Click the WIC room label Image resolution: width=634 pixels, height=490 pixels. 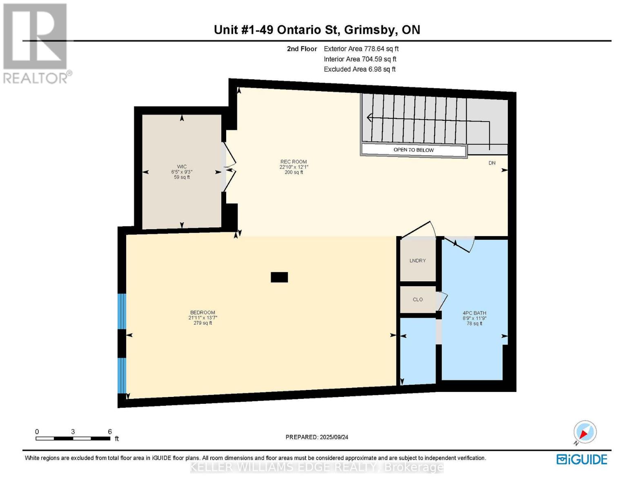pyautogui.click(x=182, y=167)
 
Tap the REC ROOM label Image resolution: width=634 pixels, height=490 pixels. pyautogui.click(x=293, y=162)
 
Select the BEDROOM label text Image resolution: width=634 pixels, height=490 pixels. pyautogui.click(x=202, y=312)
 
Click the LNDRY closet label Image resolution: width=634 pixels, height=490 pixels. pyautogui.click(x=418, y=261)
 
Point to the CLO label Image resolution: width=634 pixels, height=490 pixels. pyautogui.click(x=418, y=299)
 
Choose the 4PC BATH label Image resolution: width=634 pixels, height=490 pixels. pyautogui.click(x=474, y=313)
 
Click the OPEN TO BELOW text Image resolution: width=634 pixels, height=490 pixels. pyautogui.click(x=414, y=150)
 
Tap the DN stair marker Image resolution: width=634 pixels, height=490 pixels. pyautogui.click(x=492, y=163)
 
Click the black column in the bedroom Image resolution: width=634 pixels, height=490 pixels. pyautogui.click(x=279, y=277)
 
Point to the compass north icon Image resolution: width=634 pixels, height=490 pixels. pyautogui.click(x=585, y=432)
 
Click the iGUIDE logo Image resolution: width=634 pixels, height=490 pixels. pyautogui.click(x=582, y=459)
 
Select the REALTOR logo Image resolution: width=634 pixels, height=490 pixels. pyautogui.click(x=36, y=43)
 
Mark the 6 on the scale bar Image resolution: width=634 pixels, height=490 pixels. pyautogui.click(x=110, y=432)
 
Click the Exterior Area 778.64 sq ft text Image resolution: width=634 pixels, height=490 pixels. pyautogui.click(x=361, y=49)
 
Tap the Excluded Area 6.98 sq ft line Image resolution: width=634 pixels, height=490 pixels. pyautogui.click(x=360, y=69)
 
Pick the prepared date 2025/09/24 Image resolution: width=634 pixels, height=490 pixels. pyautogui.click(x=334, y=437)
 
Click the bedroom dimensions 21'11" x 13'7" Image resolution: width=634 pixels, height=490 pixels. pyautogui.click(x=202, y=318)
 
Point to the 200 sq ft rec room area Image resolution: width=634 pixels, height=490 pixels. pyautogui.click(x=294, y=172)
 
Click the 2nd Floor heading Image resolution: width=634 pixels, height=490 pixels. pyautogui.click(x=302, y=49)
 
